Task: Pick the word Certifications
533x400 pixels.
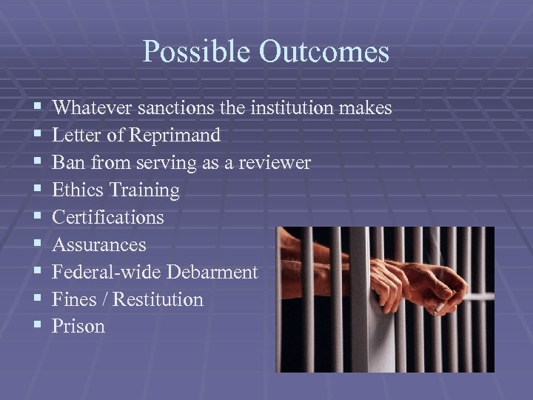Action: pos(108,218)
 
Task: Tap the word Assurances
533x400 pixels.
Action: pos(99,244)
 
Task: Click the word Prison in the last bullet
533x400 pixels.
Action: pos(78,327)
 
